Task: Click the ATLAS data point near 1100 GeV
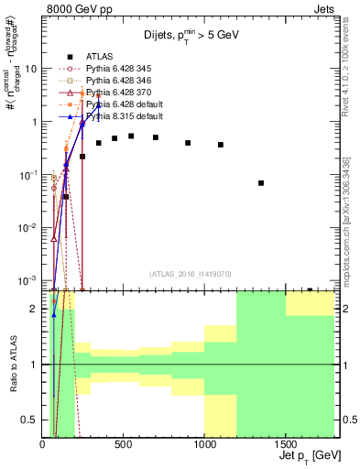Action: coord(221,145)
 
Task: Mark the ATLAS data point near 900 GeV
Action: coord(188,143)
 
